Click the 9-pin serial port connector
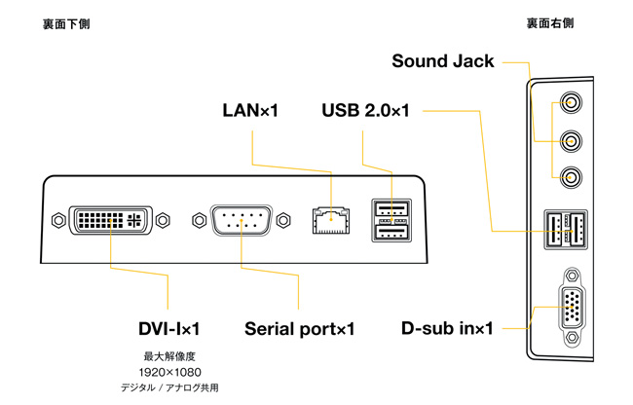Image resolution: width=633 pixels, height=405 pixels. pos(238,220)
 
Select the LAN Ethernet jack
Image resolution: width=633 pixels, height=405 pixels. pos(332,221)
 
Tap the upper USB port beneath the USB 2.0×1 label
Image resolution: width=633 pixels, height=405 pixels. pos(390,210)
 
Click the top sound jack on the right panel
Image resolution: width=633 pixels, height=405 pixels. pos(569,101)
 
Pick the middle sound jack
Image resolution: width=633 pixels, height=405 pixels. pos(569,139)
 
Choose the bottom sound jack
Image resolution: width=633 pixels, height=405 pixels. pos(569,177)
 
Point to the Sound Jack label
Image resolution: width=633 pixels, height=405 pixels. pos(443,62)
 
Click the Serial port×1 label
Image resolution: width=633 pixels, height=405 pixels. pos(299,328)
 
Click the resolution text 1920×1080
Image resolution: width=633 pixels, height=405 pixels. pos(169,372)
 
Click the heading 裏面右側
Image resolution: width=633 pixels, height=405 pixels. pos(551,22)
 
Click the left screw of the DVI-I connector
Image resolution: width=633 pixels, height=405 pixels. pos(55,220)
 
